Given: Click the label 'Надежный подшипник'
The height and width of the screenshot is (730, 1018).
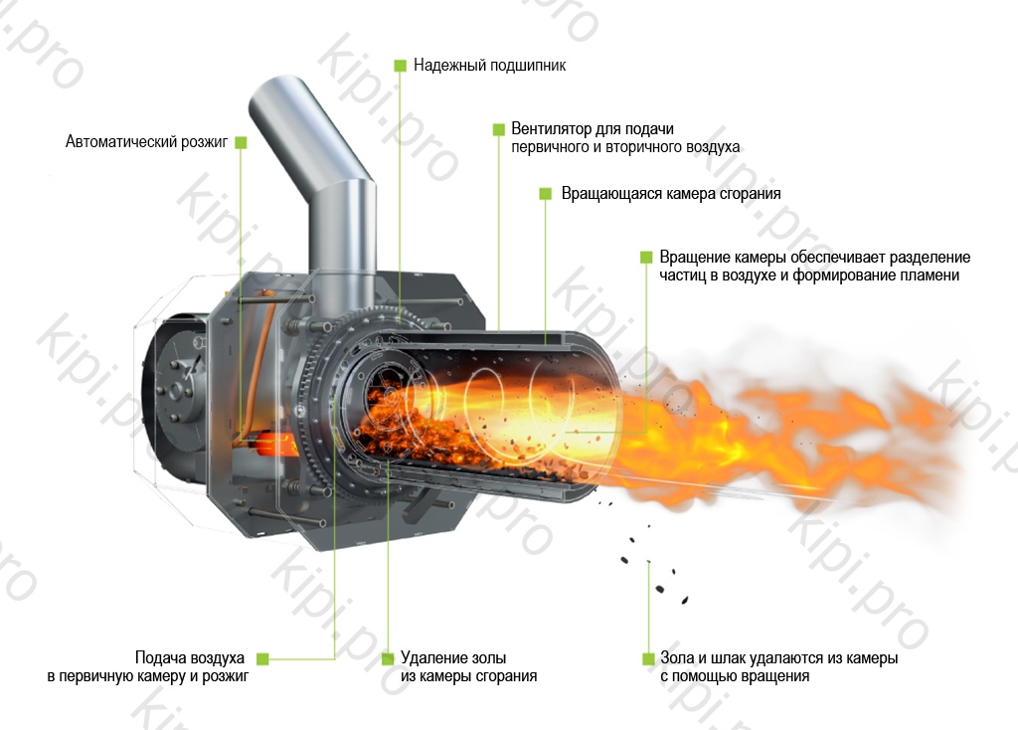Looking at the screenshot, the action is pyautogui.click(x=489, y=66).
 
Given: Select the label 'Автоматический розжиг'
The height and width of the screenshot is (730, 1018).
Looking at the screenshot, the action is pyautogui.click(x=147, y=141).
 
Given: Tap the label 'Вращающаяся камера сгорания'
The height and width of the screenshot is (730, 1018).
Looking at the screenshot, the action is pyautogui.click(x=671, y=194).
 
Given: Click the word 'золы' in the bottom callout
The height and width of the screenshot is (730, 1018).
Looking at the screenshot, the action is pyautogui.click(x=487, y=658).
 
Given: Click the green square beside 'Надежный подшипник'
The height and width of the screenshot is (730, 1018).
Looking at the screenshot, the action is pyautogui.click(x=400, y=66).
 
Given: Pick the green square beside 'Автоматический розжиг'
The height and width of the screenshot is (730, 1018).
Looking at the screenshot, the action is pyautogui.click(x=241, y=142).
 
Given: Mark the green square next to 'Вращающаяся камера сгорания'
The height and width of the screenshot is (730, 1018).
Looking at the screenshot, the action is pyautogui.click(x=546, y=194).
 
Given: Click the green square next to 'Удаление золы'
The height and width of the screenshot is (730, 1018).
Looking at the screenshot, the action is pyautogui.click(x=388, y=658).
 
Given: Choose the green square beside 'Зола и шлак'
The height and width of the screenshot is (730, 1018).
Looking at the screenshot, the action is pyautogui.click(x=648, y=658).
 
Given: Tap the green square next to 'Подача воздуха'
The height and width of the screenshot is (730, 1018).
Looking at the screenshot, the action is pyautogui.click(x=262, y=658).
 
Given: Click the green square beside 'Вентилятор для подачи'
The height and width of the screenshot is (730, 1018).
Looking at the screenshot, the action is pyautogui.click(x=499, y=129).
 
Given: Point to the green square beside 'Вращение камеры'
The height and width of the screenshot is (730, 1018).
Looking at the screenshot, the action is pyautogui.click(x=646, y=258).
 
